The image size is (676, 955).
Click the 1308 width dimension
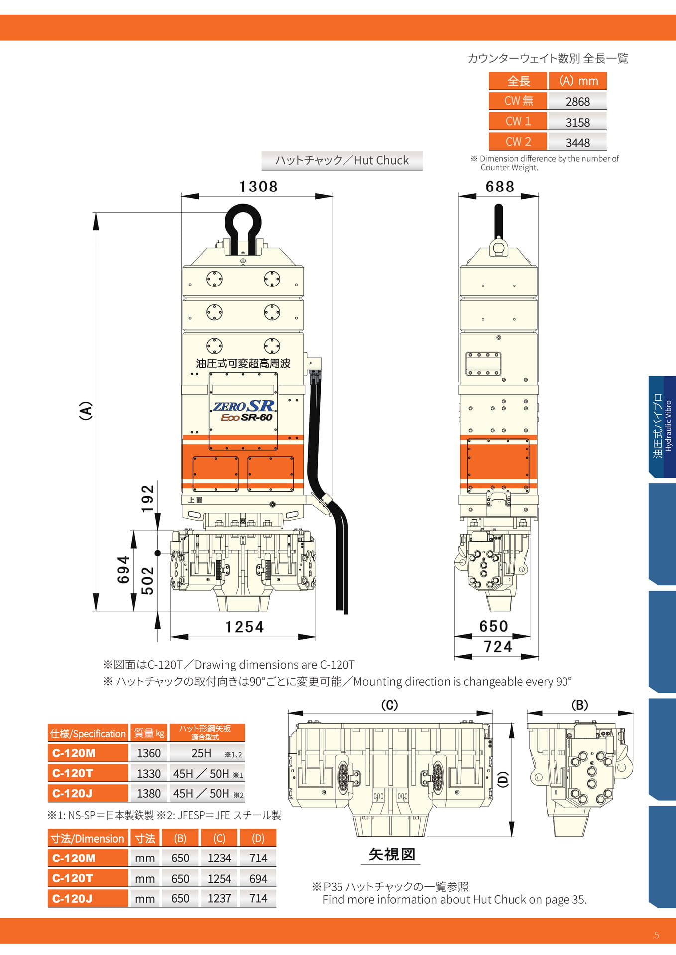[x=258, y=187]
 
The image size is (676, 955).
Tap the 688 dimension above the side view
[x=499, y=187]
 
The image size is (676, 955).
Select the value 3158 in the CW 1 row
[x=577, y=122]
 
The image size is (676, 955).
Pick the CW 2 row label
[x=518, y=142]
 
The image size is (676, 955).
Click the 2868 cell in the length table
[x=577, y=102]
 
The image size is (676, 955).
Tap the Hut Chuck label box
[x=342, y=160]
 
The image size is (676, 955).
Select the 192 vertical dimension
[x=148, y=499]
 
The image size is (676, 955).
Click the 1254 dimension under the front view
[x=244, y=627]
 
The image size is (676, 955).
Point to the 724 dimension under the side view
[x=498, y=647]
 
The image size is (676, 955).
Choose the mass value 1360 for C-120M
[x=149, y=753]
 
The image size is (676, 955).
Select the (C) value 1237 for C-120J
[x=219, y=898]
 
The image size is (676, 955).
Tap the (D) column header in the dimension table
[x=258, y=838]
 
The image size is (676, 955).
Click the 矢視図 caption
[x=392, y=854]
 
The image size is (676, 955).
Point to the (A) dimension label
[x=86, y=411]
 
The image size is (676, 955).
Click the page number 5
[x=656, y=935]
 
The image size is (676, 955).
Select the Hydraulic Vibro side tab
[x=662, y=426]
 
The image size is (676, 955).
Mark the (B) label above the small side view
[x=580, y=705]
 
